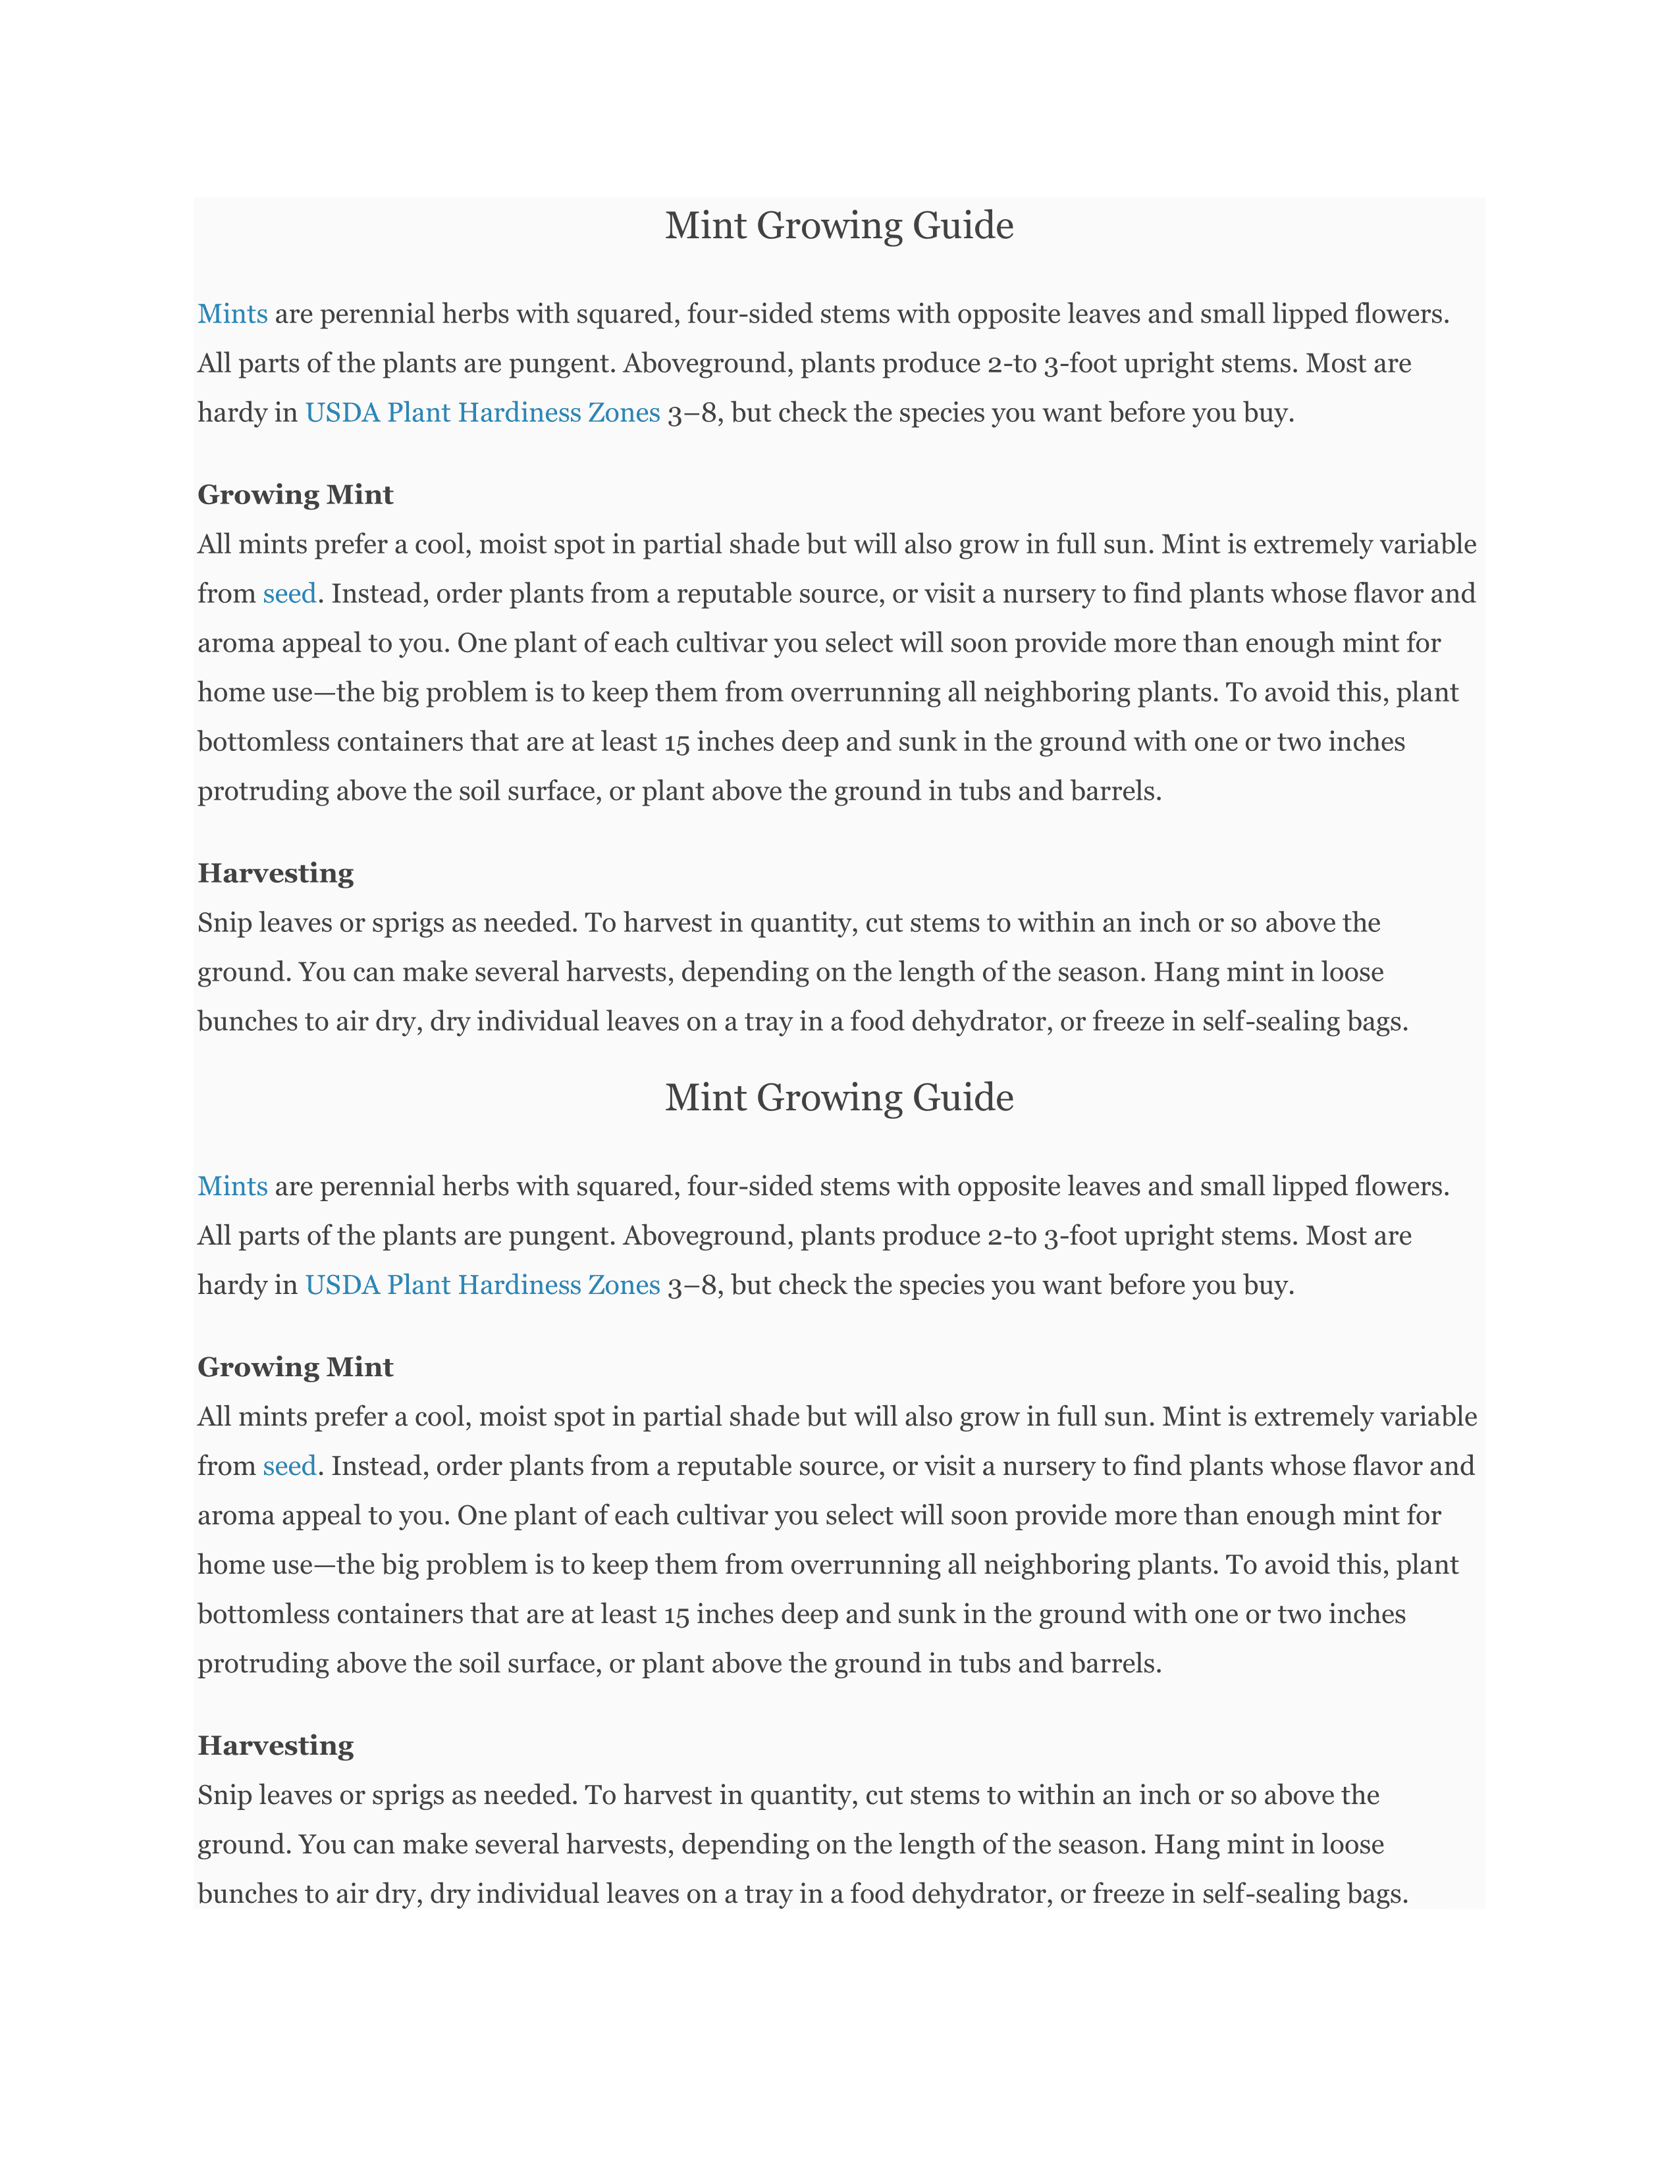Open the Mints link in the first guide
(x=232, y=314)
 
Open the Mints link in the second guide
(x=232, y=1187)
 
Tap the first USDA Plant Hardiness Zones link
(x=483, y=413)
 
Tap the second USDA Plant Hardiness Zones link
(x=483, y=1285)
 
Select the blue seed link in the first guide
(x=290, y=594)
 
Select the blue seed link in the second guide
(x=290, y=1466)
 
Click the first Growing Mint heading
(x=296, y=494)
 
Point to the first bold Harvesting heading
(x=275, y=873)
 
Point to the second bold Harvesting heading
(x=275, y=1745)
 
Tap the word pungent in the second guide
(x=562, y=1236)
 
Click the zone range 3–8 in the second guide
(x=691, y=1285)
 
